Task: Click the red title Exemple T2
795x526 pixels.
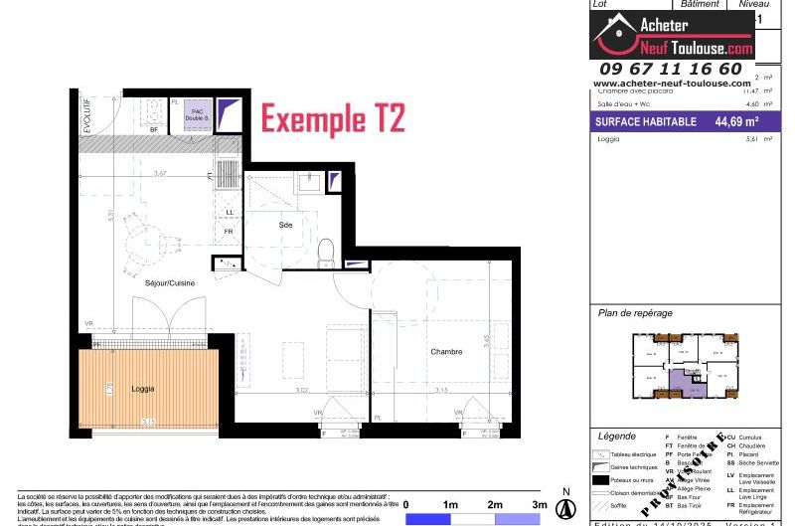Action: pos(332,119)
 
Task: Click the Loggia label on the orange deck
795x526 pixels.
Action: pos(143,389)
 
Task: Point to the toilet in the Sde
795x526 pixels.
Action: pos(324,255)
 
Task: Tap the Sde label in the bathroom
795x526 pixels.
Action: pos(285,226)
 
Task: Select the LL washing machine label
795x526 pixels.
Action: pos(230,212)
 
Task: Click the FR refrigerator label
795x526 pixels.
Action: pos(229,232)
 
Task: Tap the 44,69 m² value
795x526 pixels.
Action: pos(736,122)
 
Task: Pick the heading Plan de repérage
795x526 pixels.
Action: pos(634,313)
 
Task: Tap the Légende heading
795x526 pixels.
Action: pos(617,437)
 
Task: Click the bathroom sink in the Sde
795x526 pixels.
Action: pos(308,182)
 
